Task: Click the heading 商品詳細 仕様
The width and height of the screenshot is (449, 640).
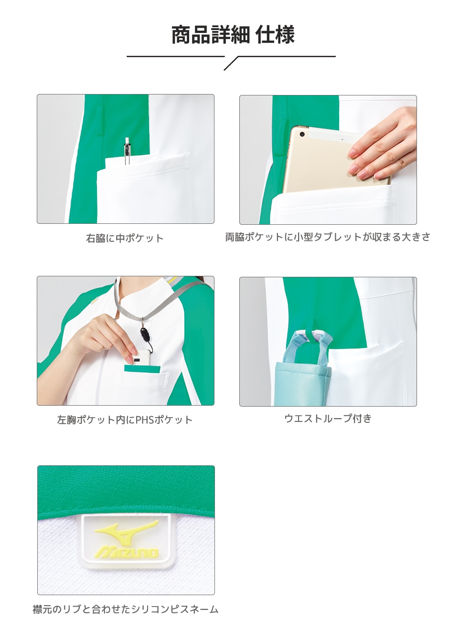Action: [x=233, y=35]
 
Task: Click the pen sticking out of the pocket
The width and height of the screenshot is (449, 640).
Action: [x=128, y=150]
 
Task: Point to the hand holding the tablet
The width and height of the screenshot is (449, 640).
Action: [x=382, y=143]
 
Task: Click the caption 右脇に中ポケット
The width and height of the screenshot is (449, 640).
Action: [x=125, y=238]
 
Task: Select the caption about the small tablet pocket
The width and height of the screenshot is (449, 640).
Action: [x=328, y=237]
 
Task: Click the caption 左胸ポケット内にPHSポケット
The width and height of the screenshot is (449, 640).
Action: [x=125, y=420]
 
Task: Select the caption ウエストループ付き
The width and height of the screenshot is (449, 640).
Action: [x=328, y=419]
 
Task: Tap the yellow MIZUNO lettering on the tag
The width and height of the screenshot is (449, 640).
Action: [x=126, y=552]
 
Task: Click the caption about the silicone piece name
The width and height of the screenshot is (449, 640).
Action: [x=125, y=609]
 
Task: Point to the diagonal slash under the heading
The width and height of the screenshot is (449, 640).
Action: [x=231, y=63]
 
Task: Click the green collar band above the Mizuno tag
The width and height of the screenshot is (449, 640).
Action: [x=126, y=492]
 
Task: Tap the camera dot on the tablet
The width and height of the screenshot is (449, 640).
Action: [x=302, y=134]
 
